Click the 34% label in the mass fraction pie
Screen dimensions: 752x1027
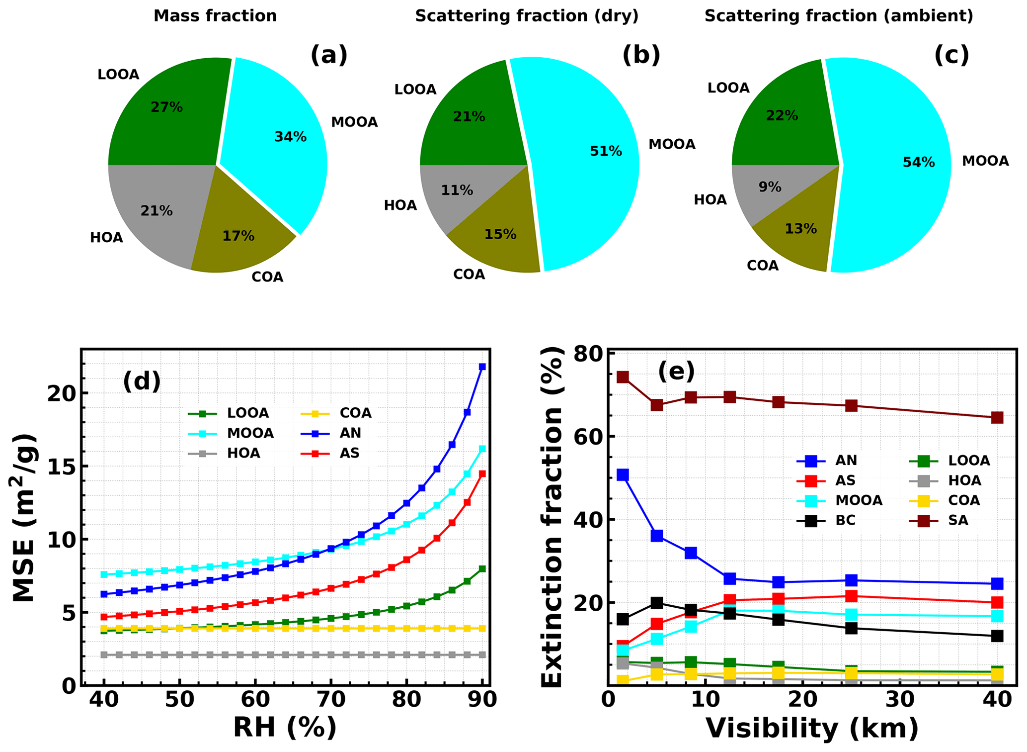tap(290, 137)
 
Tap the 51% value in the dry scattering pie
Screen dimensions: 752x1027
tap(606, 151)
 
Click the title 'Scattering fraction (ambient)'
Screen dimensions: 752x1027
tap(838, 16)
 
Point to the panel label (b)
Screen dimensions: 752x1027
tap(641, 55)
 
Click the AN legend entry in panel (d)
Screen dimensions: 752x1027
tap(337, 433)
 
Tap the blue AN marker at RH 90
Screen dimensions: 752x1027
tap(482, 367)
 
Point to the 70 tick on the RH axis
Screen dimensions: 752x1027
tap(330, 700)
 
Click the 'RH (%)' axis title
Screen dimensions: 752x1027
tap(285, 728)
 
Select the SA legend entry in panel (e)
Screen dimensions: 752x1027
tap(944, 520)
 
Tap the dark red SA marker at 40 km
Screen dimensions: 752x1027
tap(997, 418)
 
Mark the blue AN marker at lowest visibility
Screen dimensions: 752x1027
tap(623, 475)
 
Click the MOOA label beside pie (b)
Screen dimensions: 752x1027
tap(672, 144)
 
